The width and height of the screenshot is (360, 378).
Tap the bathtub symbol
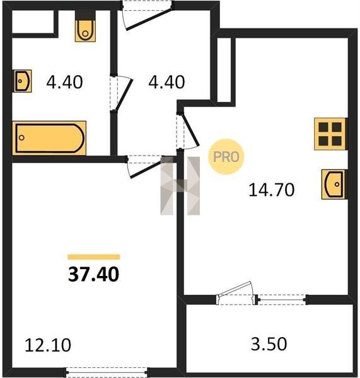pyautogui.click(x=49, y=138)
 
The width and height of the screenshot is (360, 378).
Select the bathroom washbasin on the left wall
pyautogui.click(x=22, y=81)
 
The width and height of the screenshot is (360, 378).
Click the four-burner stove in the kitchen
pyautogui.click(x=330, y=134)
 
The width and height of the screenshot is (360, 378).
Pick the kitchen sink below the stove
pyautogui.click(x=334, y=185)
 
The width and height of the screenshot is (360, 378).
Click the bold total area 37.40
pyautogui.click(x=93, y=274)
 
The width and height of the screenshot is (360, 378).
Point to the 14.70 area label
pyautogui.click(x=272, y=190)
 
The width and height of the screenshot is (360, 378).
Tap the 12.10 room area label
pyautogui.click(x=48, y=345)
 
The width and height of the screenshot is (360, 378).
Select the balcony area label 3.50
pyautogui.click(x=269, y=344)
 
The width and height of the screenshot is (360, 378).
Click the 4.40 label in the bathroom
pyautogui.click(x=64, y=82)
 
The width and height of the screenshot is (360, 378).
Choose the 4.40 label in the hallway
pyautogui.click(x=166, y=82)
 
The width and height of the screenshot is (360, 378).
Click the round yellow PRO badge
pyautogui.click(x=226, y=157)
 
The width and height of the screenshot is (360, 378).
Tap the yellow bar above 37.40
pyautogui.click(x=94, y=257)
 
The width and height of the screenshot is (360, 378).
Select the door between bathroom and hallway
pyautogui.click(x=120, y=93)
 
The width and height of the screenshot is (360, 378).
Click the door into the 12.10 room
pyautogui.click(x=145, y=166)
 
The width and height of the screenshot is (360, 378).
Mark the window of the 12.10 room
pyautogui.click(x=107, y=372)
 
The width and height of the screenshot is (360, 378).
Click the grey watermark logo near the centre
pyautogui.click(x=180, y=186)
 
